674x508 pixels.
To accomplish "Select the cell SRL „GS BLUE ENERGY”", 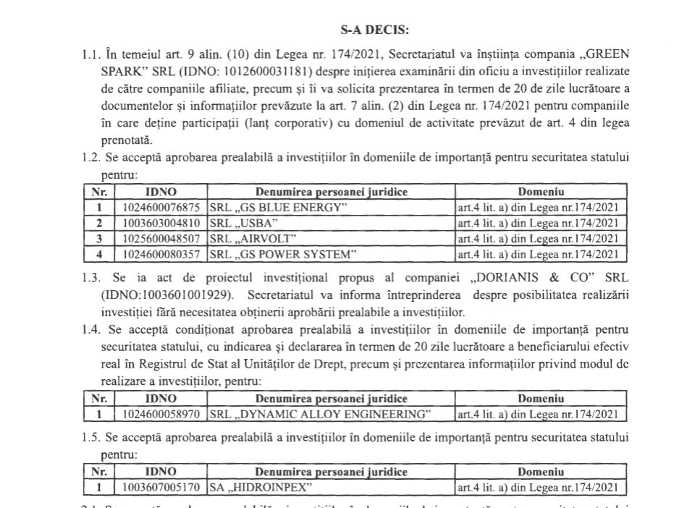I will [279, 208].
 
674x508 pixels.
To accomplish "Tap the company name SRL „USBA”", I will [243, 223].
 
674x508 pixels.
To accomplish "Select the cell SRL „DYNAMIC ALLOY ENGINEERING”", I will [319, 415].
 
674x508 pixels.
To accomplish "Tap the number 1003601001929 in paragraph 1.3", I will [190, 297].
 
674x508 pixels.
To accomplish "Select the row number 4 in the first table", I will [99, 253].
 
